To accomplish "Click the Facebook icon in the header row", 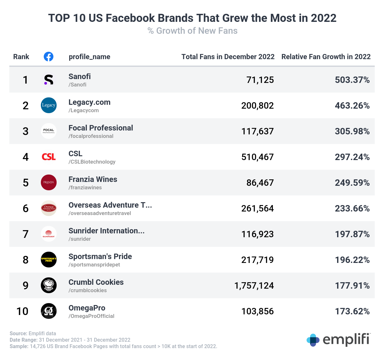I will tap(49, 57).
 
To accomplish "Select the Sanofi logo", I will tap(49, 80).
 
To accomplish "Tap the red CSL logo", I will tap(49, 157).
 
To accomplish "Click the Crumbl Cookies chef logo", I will tap(49, 285).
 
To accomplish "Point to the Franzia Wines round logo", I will tap(49, 183).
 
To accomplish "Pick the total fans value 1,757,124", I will tap(254, 285).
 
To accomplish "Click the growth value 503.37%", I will tap(352, 80).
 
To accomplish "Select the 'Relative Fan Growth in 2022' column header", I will tap(326, 57).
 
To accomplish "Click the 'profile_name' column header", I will tap(89, 57).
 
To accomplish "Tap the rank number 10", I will tap(23, 311).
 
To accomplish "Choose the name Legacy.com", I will tap(89, 102).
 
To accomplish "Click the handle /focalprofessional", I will tap(91, 136).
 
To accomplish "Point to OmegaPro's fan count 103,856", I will tap(257, 311).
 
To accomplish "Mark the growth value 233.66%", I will tap(352, 208).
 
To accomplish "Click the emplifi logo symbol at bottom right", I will tap(313, 340).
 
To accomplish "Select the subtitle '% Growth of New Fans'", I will tap(192, 31).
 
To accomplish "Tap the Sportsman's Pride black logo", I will tap(49, 260).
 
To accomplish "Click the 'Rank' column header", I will tap(21, 57).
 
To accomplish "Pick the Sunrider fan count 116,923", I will tap(257, 234).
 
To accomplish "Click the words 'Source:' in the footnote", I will tap(18, 333).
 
